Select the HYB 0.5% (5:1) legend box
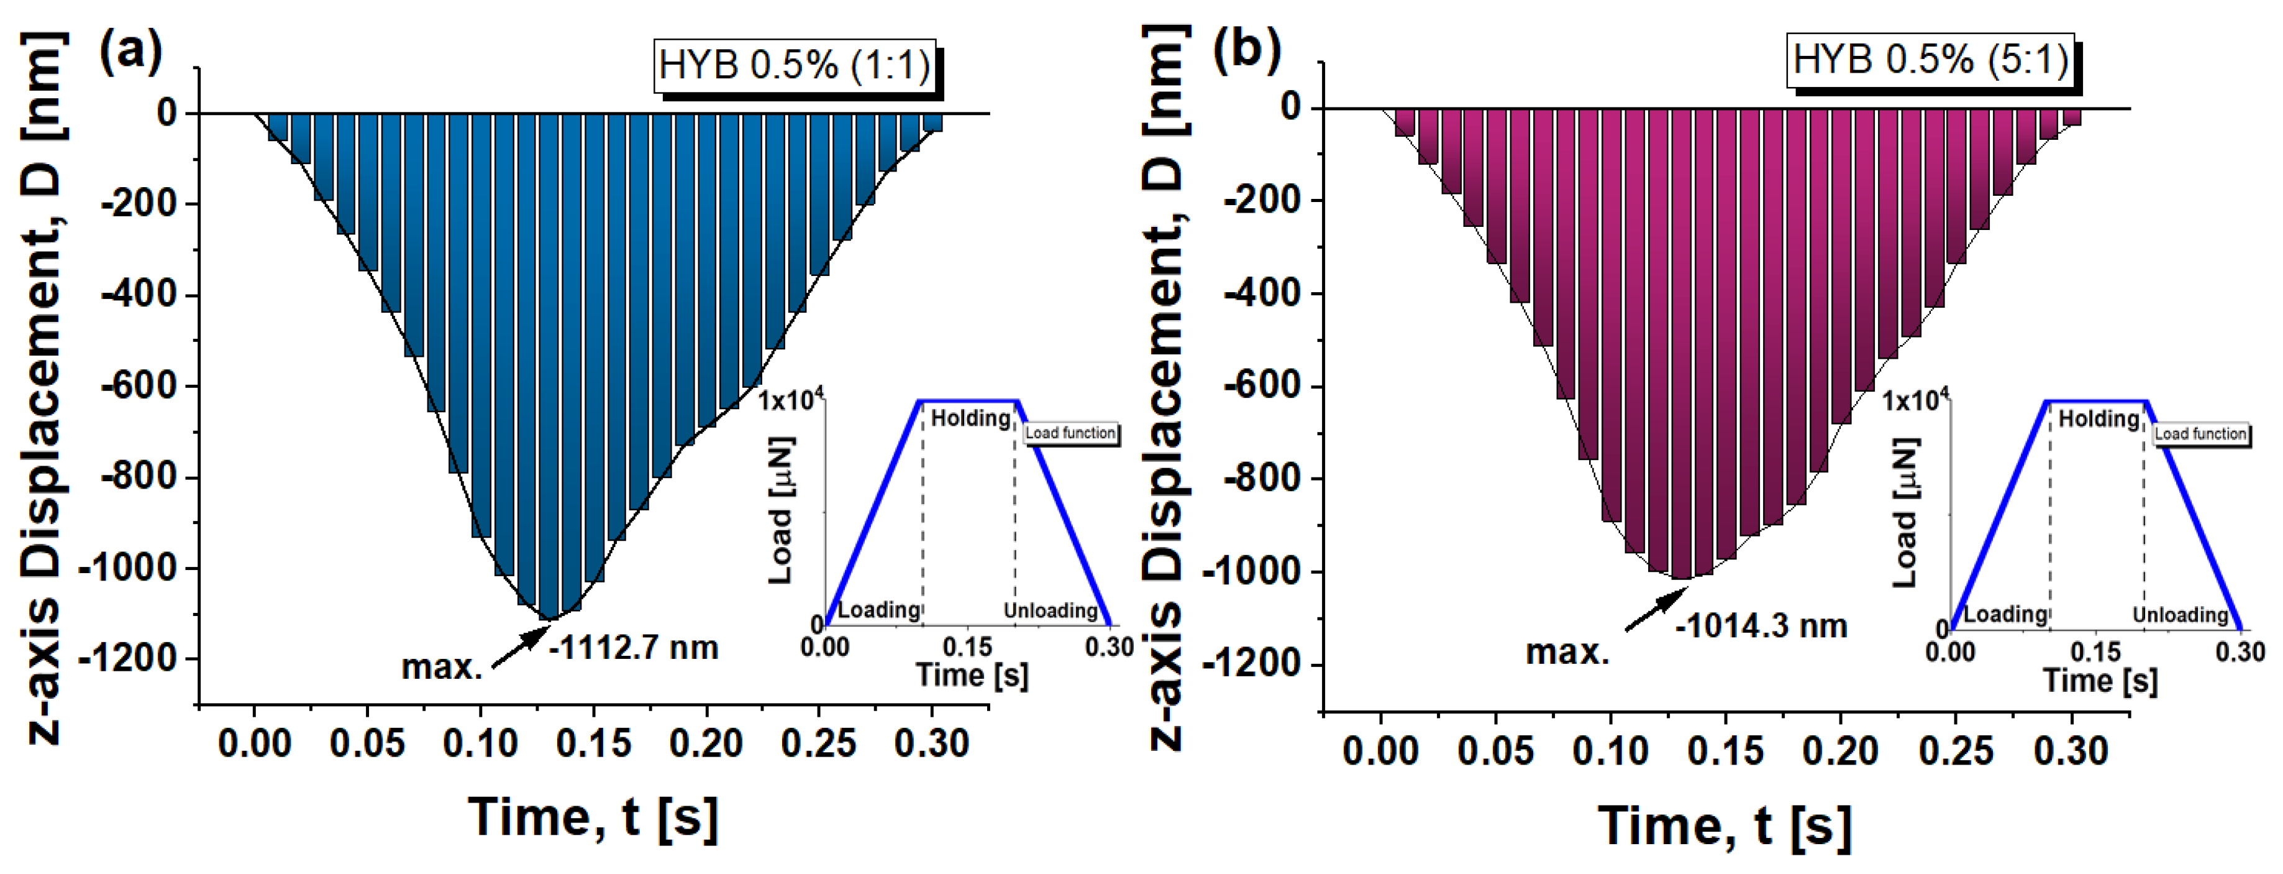(x=1930, y=60)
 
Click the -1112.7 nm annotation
(x=633, y=648)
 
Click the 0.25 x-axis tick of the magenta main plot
(x=1956, y=751)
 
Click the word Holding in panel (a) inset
(x=970, y=418)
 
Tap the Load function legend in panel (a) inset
(x=1070, y=433)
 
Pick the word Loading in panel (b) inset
(x=2005, y=614)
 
